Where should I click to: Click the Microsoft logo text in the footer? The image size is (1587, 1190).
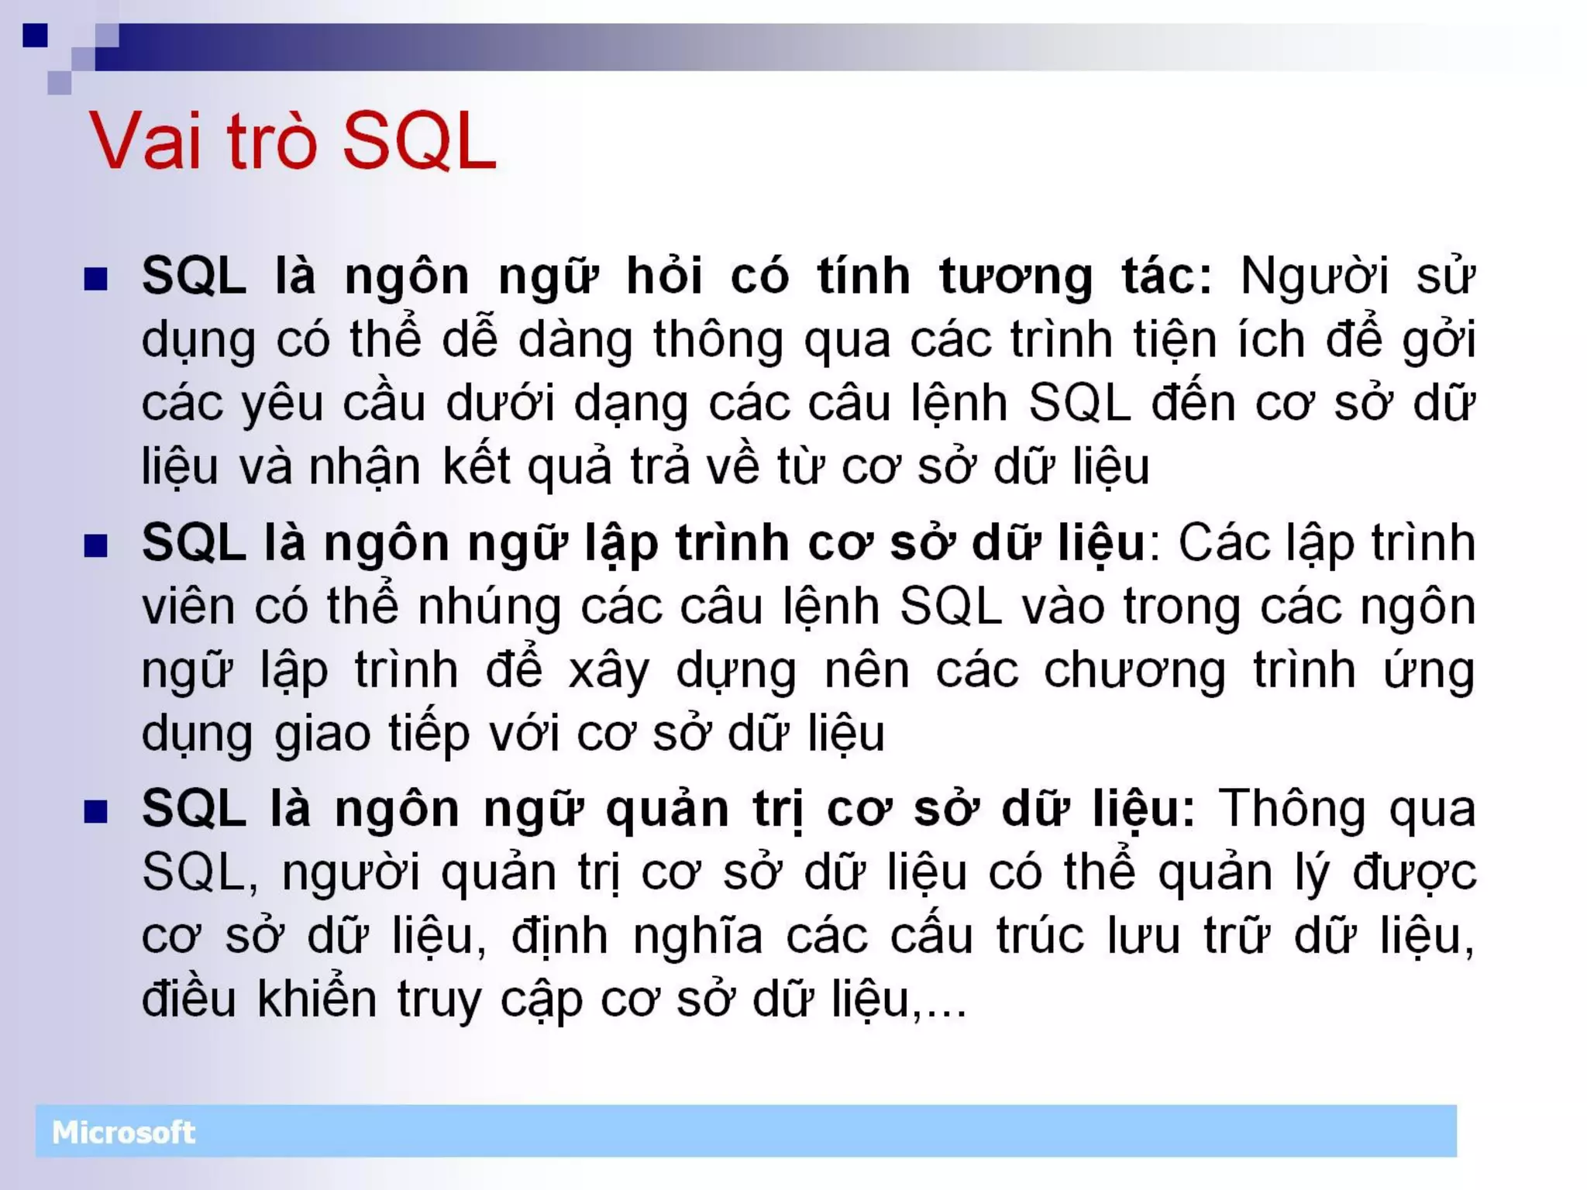pyautogui.click(x=123, y=1133)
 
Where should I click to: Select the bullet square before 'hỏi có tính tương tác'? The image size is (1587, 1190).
pyautogui.click(x=95, y=279)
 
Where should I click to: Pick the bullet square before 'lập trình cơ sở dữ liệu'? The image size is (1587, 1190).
pyautogui.click(x=95, y=545)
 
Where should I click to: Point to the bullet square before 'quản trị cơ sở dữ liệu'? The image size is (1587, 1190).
pyautogui.click(x=95, y=812)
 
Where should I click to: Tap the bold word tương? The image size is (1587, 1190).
pyautogui.click(x=1016, y=277)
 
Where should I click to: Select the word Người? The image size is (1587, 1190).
pyautogui.click(x=1314, y=277)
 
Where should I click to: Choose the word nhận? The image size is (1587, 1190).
pyautogui.click(x=364, y=468)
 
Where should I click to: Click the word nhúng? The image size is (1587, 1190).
pyautogui.click(x=489, y=607)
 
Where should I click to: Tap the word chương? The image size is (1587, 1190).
pyautogui.click(x=1134, y=671)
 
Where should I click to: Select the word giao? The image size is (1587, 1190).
pyautogui.click(x=322, y=734)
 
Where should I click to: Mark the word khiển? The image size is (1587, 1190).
pyautogui.click(x=316, y=999)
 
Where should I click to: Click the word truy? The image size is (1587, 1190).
pyautogui.click(x=439, y=1001)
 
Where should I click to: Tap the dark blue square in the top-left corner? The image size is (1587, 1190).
pyautogui.click(x=36, y=36)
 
